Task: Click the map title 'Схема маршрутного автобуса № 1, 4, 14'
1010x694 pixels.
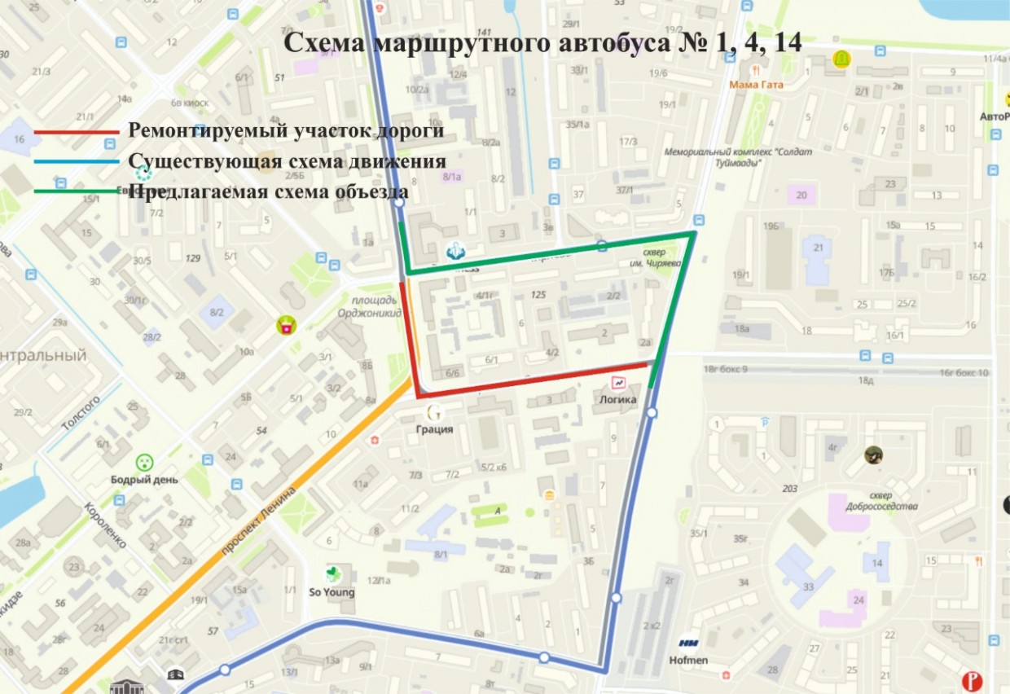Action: [x=542, y=43]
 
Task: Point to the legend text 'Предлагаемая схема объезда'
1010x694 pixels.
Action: [x=268, y=192]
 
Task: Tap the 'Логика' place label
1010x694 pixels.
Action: [x=617, y=399]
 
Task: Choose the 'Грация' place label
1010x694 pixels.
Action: [x=434, y=428]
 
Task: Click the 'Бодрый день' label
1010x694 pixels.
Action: [x=145, y=480]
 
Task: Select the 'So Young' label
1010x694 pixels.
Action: [x=332, y=592]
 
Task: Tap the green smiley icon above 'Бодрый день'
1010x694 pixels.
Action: [x=144, y=463]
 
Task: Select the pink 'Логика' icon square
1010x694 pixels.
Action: [x=618, y=382]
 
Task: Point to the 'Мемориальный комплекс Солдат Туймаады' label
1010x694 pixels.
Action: [x=713, y=157]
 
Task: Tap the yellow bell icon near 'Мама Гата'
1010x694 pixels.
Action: [x=841, y=59]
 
